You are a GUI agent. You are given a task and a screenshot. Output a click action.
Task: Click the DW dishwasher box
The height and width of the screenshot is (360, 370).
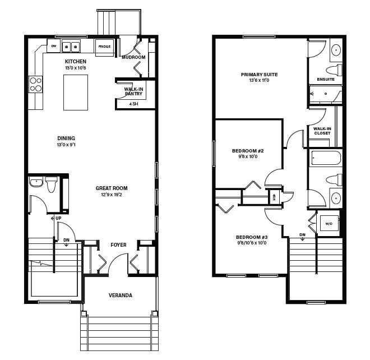click(x=54, y=46)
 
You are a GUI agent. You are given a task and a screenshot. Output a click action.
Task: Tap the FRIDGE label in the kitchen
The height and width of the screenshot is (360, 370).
click(x=104, y=47)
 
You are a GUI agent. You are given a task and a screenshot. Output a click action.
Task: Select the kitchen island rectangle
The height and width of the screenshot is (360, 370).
click(x=76, y=93)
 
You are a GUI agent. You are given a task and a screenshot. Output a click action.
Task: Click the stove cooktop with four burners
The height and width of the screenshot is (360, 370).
click(x=36, y=84)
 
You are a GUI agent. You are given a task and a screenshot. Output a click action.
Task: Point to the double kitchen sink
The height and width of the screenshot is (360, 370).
click(x=71, y=46)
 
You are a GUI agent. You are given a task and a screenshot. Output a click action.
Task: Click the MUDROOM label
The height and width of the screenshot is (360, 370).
click(x=133, y=57)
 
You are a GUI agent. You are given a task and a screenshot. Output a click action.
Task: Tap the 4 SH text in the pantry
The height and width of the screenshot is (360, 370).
click(x=133, y=104)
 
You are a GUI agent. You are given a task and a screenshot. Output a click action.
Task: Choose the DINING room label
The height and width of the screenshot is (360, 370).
click(x=66, y=139)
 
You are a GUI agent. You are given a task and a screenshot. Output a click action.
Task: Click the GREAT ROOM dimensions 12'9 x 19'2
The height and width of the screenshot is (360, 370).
click(x=112, y=195)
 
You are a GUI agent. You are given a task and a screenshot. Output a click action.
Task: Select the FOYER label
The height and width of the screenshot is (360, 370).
click(x=118, y=245)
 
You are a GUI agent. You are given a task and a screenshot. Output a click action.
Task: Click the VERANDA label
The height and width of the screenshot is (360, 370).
click(x=121, y=296)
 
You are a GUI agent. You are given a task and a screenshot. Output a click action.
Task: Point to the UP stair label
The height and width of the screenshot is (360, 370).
click(x=58, y=218)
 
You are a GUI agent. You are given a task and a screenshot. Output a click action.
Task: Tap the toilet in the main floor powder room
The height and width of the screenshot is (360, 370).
click(x=51, y=184)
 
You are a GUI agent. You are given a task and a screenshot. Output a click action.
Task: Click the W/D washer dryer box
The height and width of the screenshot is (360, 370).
click(x=329, y=223)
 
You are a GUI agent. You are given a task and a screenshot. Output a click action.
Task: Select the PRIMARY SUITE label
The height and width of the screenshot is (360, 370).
click(x=259, y=75)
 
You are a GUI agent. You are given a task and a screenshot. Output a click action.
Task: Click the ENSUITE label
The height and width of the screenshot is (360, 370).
click(x=326, y=79)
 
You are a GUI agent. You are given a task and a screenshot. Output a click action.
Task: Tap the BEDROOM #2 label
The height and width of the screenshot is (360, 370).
click(x=248, y=151)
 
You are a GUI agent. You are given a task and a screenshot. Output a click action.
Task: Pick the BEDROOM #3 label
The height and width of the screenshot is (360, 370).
click(x=252, y=237)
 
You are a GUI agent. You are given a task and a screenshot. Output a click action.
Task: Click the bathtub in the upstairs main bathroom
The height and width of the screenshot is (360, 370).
click(x=326, y=158)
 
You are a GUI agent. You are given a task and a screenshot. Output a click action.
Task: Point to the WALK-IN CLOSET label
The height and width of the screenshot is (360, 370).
click(x=322, y=131)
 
